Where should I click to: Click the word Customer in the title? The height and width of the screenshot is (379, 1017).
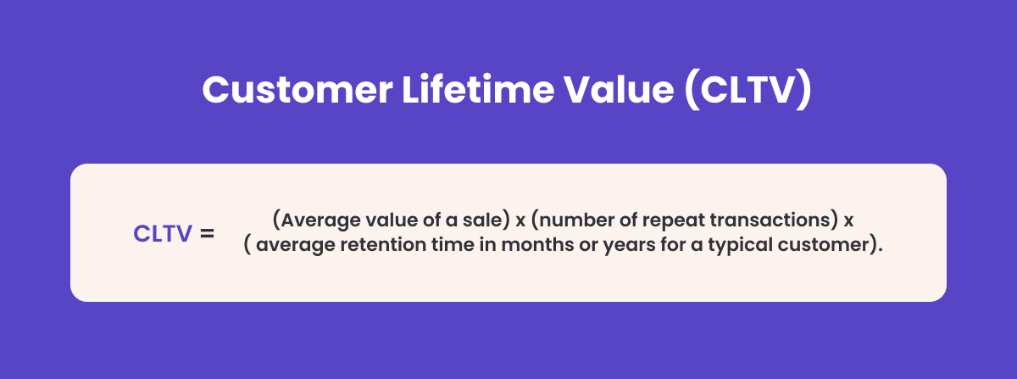point(297,90)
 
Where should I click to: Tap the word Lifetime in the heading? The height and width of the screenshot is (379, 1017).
point(478,89)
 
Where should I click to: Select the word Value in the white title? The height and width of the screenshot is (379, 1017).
point(620,90)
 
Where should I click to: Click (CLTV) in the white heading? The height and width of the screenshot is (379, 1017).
point(747,90)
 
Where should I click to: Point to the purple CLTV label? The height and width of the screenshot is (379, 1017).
point(163,234)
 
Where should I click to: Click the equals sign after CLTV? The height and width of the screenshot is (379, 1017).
point(207,234)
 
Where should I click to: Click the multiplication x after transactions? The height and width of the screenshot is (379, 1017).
point(848,221)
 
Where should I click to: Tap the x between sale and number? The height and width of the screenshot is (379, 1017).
point(520,221)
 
